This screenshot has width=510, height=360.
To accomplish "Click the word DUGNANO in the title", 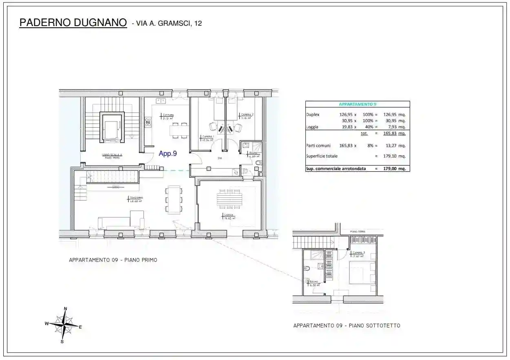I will coord(100,23).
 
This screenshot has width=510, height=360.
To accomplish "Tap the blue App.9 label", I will coord(168,154).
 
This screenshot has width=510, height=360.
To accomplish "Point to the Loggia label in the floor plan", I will coord(228,216).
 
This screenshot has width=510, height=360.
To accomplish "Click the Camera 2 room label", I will coord(247,115).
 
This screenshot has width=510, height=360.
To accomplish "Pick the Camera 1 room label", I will coord(208,137).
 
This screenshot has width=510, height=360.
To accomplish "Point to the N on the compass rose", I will coord(66,309).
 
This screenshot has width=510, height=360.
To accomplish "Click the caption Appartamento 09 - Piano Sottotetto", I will coord(347,326).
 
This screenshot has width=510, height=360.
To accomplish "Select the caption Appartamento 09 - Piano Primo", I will coord(113,260).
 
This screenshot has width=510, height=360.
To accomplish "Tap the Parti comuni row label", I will coord(318,145).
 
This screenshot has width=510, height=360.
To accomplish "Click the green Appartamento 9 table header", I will coord(358,104).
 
